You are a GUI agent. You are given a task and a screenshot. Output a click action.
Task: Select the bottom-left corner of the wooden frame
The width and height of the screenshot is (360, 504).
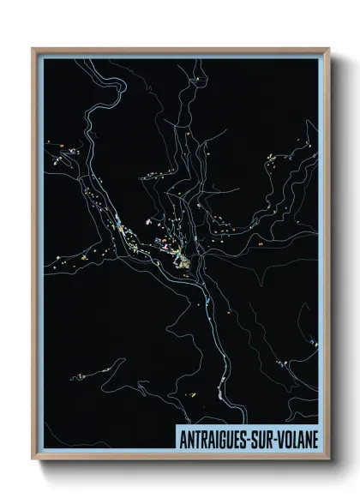33,460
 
